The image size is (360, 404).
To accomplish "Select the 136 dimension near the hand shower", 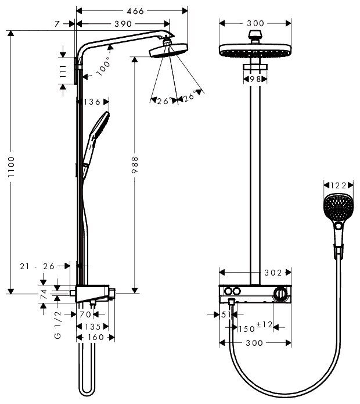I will click(x=93, y=102).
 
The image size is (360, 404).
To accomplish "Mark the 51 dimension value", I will click(x=226, y=314).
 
